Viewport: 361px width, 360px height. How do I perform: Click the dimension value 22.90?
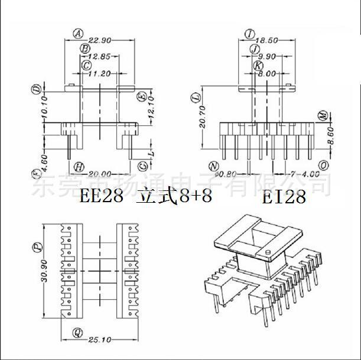point(98,40)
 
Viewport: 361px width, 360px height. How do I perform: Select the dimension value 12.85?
point(99,57)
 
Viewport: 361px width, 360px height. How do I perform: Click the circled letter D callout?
point(36,90)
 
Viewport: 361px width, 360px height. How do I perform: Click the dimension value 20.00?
point(100,174)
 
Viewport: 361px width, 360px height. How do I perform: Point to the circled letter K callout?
point(259,65)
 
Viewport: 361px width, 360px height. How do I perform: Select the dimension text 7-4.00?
point(305,174)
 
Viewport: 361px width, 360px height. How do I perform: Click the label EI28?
point(284,197)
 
